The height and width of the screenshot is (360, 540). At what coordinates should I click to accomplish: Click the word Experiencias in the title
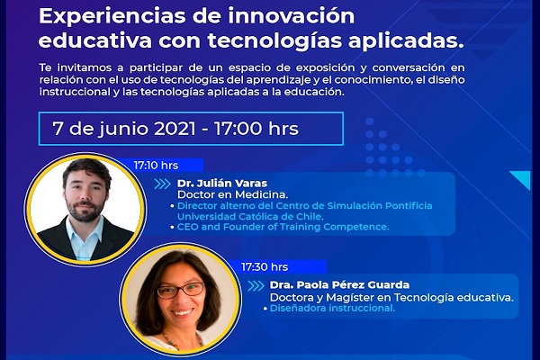click(x=112, y=17)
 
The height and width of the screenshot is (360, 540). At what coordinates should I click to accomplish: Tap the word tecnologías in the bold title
click(x=274, y=41)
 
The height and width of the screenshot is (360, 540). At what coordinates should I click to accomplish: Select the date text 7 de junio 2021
click(x=124, y=129)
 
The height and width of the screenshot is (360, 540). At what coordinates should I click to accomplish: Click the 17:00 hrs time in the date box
click(x=256, y=129)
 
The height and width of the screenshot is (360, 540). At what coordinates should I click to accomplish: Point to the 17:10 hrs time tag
click(x=156, y=166)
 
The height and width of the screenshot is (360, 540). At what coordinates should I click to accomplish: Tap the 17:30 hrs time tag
click(x=265, y=267)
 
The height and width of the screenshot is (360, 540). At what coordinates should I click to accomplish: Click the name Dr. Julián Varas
click(x=222, y=184)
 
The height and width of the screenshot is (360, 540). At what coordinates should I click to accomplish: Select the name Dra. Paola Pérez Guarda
click(x=339, y=285)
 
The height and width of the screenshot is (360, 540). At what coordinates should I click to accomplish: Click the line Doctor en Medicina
click(x=232, y=194)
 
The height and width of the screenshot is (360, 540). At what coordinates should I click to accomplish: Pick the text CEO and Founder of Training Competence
click(x=283, y=227)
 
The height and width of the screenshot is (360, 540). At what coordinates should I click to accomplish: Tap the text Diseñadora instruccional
click(x=332, y=308)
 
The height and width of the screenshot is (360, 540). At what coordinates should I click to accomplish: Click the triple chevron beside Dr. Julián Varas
click(x=163, y=184)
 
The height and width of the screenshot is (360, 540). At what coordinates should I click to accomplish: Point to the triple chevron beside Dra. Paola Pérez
click(x=256, y=286)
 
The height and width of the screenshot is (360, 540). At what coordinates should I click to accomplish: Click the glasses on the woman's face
click(x=181, y=290)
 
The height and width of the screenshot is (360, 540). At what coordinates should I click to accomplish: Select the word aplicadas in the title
click(x=406, y=41)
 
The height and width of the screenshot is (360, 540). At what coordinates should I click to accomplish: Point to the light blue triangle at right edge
click(x=523, y=178)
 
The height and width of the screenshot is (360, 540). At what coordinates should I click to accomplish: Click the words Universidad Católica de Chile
click(x=250, y=217)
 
